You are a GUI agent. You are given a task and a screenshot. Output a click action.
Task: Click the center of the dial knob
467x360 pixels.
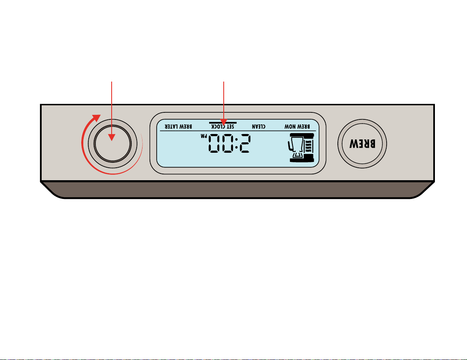[112, 144]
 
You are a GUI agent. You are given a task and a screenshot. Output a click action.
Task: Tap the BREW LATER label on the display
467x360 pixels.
[178, 127]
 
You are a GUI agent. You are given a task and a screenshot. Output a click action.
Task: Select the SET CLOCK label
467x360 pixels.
[223, 127]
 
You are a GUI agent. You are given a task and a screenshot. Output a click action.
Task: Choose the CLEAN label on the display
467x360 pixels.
[259, 127]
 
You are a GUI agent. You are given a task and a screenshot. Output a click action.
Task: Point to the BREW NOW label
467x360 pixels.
[297, 127]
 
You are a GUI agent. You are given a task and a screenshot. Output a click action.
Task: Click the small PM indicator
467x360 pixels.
[204, 136]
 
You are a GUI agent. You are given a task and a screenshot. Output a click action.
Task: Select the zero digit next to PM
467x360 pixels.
[215, 144]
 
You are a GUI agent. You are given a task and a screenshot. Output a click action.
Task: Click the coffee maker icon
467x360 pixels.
[301, 148]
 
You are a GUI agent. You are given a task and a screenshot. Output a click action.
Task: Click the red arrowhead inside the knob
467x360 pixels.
[112, 137]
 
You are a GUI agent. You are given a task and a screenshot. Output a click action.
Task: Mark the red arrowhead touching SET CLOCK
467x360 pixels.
[224, 122]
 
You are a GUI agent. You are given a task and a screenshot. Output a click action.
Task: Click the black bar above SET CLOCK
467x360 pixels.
[223, 123]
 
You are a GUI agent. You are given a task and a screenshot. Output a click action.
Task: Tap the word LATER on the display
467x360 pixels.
[172, 127]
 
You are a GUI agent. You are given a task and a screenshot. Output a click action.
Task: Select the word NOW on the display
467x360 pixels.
[290, 127]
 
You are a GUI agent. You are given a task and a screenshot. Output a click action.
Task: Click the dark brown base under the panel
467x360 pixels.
[237, 190]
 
